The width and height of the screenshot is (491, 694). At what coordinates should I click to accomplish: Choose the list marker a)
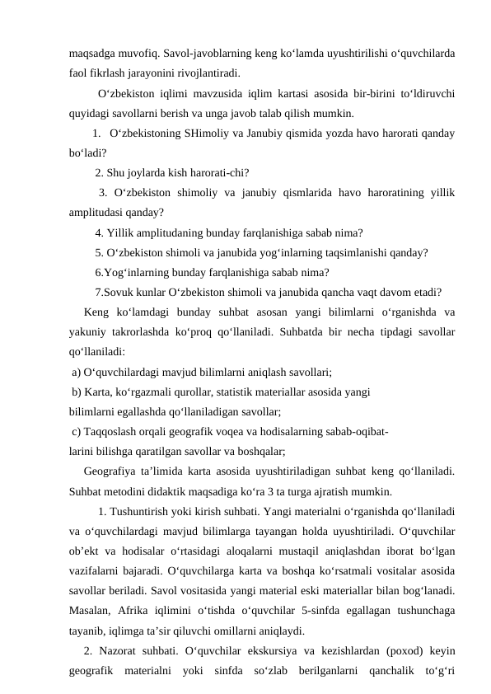[x=77, y=372]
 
